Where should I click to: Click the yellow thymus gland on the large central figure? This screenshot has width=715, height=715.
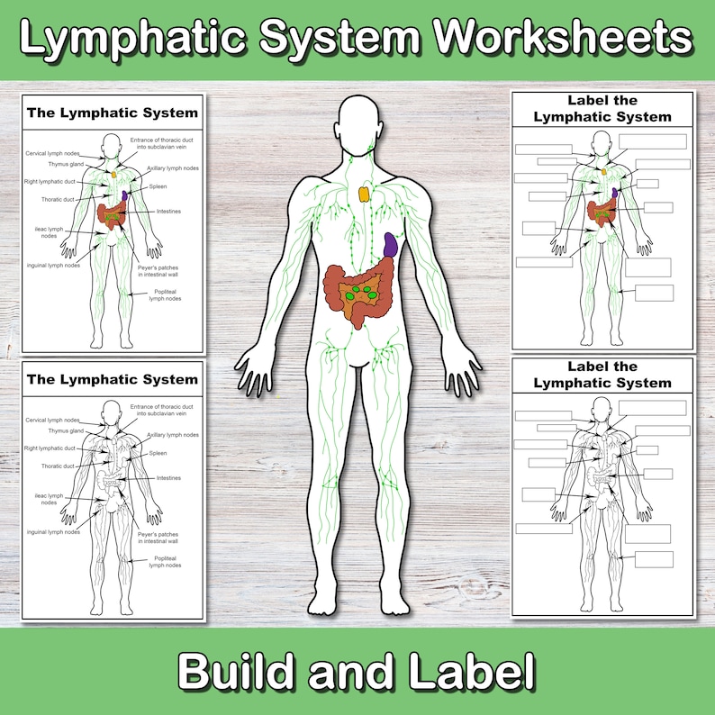pyautogui.click(x=363, y=193)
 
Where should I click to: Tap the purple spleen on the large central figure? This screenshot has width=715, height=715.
pyautogui.click(x=391, y=246)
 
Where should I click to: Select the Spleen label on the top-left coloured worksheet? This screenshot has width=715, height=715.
pyautogui.click(x=158, y=186)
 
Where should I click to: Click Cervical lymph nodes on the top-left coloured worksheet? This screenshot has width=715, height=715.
pyautogui.click(x=53, y=154)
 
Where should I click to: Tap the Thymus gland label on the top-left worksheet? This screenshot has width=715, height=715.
pyautogui.click(x=66, y=165)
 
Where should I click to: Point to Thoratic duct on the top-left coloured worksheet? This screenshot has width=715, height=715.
pyautogui.click(x=58, y=199)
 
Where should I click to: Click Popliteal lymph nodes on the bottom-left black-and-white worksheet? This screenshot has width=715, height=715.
pyautogui.click(x=165, y=561)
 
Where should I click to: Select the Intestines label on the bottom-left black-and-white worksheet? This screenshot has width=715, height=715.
pyautogui.click(x=168, y=478)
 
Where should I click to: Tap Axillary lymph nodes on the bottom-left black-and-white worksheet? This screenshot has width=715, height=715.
pyautogui.click(x=173, y=435)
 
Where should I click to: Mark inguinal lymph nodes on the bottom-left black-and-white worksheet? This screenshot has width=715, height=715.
pyautogui.click(x=53, y=532)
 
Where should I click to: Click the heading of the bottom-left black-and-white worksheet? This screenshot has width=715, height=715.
pyautogui.click(x=113, y=379)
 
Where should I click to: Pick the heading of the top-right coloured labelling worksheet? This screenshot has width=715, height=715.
pyautogui.click(x=602, y=108)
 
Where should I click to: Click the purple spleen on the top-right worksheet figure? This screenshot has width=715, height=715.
pyautogui.click(x=615, y=193)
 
